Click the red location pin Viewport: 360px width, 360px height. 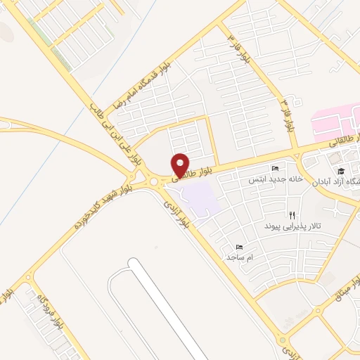(181, 165)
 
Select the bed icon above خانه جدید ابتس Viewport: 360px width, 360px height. (275, 169)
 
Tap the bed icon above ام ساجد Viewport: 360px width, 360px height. (239, 247)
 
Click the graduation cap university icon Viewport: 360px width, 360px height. (341, 171)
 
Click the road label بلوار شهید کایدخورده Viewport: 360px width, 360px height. (103, 204)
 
